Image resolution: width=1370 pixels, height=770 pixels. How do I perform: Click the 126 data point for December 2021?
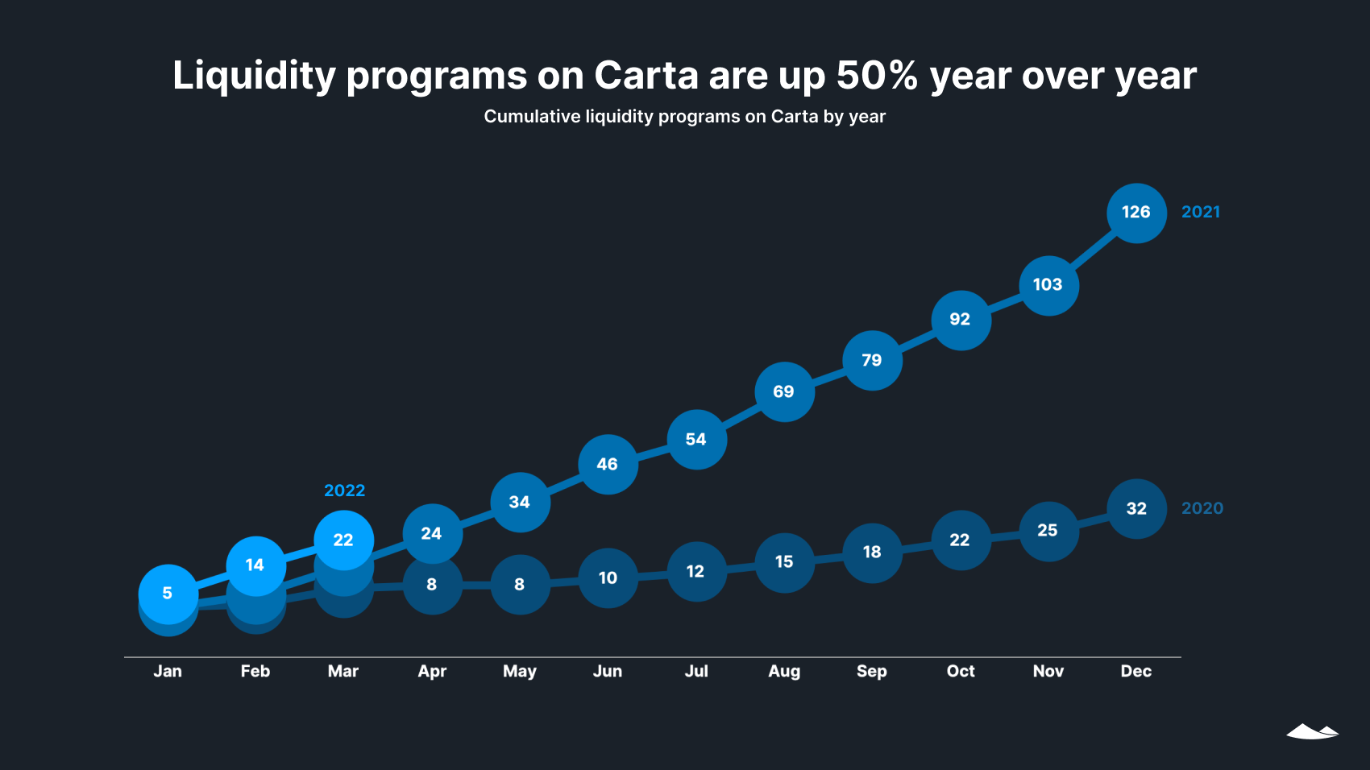click(x=1136, y=213)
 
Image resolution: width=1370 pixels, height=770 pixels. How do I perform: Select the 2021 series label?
click(x=1200, y=212)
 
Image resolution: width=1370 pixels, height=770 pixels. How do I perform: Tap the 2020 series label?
click(x=1202, y=508)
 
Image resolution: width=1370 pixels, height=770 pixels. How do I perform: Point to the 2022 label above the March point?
click(x=344, y=491)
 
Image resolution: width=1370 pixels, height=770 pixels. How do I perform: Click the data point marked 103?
click(x=1048, y=285)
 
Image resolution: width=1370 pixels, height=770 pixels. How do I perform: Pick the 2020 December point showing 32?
click(x=1136, y=509)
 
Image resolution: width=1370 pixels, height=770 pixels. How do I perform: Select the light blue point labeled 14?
click(x=255, y=565)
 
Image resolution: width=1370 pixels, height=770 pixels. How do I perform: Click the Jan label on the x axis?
click(x=168, y=671)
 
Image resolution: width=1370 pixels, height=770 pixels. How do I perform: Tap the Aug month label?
click(x=784, y=671)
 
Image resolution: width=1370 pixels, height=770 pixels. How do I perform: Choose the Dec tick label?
click(x=1135, y=671)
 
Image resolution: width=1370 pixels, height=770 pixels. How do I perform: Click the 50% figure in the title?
click(x=877, y=76)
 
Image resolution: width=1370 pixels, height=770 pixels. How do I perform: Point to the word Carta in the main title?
click(x=646, y=76)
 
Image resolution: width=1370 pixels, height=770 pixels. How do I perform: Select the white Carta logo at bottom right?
click(x=1312, y=731)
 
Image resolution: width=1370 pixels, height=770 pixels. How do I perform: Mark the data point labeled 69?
click(x=784, y=392)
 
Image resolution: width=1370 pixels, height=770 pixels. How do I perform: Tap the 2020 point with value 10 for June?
click(x=608, y=578)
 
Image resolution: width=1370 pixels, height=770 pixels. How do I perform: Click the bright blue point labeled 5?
click(x=168, y=594)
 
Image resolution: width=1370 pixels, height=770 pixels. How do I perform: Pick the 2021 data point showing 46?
click(x=608, y=465)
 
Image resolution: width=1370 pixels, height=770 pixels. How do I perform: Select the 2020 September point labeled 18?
click(x=872, y=553)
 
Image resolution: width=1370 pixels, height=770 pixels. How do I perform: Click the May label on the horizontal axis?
click(x=520, y=671)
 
